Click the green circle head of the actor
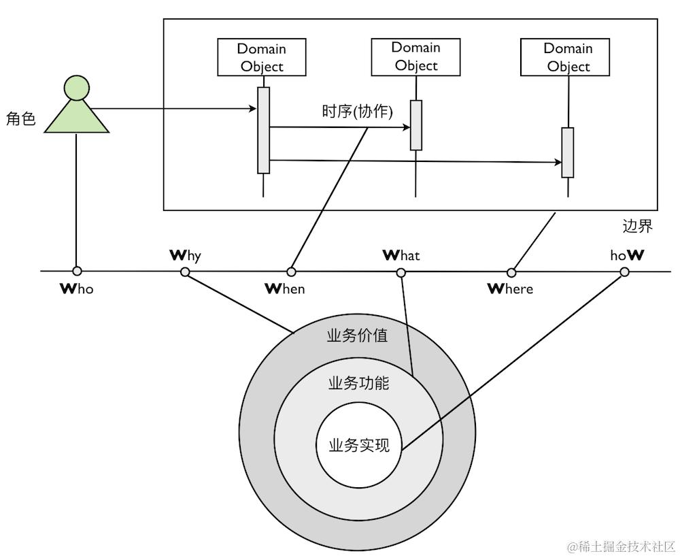[76, 88]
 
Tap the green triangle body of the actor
[76, 118]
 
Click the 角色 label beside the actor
[20, 118]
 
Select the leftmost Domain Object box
[262, 57]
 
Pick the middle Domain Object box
[415, 57]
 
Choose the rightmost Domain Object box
[564, 57]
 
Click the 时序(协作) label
[358, 112]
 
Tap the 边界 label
[637, 226]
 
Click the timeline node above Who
[77, 272]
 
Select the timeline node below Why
[185, 272]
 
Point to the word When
[284, 289]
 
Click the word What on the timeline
[401, 255]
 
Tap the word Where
[510, 289]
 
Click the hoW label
[627, 255]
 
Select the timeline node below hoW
[624, 272]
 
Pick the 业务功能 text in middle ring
[358, 383]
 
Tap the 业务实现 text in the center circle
[359, 446]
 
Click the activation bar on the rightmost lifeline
[568, 152]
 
